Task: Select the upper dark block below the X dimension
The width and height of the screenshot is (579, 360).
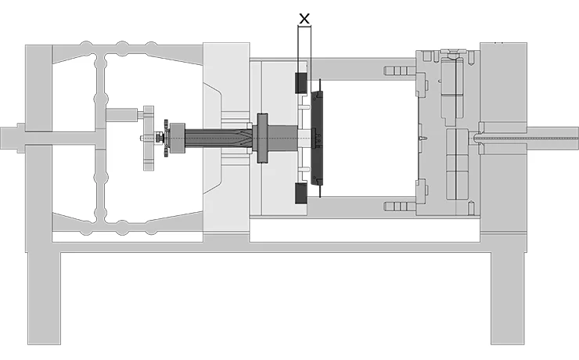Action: tap(300, 81)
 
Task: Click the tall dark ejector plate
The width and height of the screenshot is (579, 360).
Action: tap(317, 137)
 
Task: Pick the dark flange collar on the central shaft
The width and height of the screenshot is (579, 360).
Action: tap(261, 138)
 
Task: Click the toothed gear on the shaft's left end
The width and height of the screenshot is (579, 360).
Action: tap(167, 138)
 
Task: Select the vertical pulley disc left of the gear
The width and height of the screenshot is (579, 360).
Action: tap(147, 138)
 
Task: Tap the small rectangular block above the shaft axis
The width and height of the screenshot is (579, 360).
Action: tap(121, 115)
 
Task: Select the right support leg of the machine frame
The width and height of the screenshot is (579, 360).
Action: tap(508, 297)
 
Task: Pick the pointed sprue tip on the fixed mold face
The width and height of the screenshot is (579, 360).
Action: tap(422, 139)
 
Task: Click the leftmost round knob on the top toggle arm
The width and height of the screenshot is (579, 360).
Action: tap(86, 46)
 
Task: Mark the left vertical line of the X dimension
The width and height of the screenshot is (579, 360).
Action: tap(298, 47)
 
